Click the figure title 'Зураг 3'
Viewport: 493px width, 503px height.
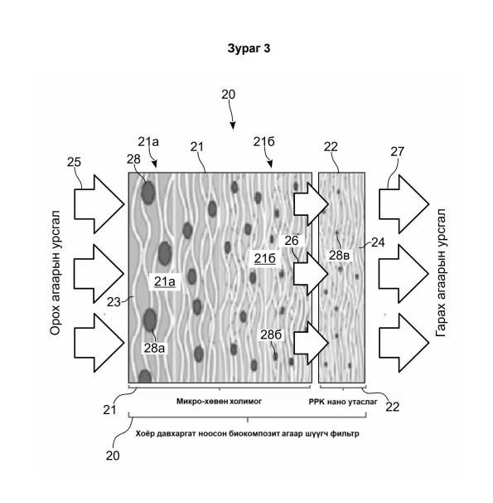(x=249, y=48)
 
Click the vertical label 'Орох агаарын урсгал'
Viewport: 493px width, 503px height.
(x=55, y=273)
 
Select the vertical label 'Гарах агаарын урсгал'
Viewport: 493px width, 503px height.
(x=441, y=272)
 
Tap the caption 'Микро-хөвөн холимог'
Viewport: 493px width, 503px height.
(x=219, y=401)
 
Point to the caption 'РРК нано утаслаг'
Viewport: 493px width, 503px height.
(x=343, y=402)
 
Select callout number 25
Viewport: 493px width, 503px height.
(x=74, y=162)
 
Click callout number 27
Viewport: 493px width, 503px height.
(x=397, y=151)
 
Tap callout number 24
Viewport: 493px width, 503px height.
(x=378, y=242)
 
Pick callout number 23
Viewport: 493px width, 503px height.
(x=114, y=302)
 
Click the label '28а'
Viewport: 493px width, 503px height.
(x=154, y=348)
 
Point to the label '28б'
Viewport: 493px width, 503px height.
(x=271, y=335)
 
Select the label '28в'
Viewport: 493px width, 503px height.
(x=340, y=256)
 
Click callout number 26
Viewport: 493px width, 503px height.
(x=291, y=241)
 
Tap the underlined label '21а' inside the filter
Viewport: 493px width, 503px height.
(x=165, y=281)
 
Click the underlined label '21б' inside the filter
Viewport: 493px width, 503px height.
(x=265, y=258)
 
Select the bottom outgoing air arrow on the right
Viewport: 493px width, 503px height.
(x=404, y=343)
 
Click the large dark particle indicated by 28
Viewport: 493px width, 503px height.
(x=148, y=193)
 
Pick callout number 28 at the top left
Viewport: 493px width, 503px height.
(x=133, y=159)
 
